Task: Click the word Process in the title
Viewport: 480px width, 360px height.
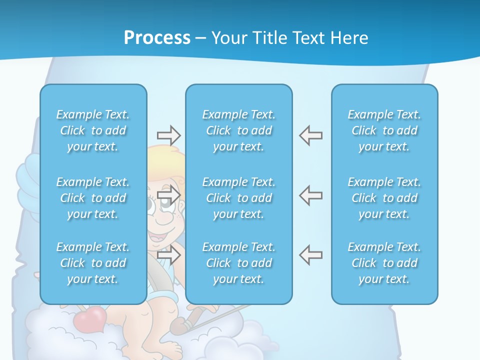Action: tap(157, 38)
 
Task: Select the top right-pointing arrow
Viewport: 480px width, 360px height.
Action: tap(168, 135)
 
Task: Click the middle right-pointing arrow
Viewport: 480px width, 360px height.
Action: tap(168, 194)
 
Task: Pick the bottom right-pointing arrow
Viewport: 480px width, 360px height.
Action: tap(168, 254)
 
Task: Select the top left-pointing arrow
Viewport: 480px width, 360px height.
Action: tap(310, 135)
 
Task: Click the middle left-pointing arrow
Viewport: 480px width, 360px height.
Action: tap(310, 194)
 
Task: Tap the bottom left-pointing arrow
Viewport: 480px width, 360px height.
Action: tap(310, 254)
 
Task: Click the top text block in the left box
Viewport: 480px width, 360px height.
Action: tap(93, 130)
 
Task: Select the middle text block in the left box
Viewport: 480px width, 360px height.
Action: tap(93, 198)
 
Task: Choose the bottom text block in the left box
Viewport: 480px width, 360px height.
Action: tap(93, 263)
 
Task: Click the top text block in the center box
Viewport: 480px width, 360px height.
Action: tap(238, 130)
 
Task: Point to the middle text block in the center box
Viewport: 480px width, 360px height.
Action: tap(238, 198)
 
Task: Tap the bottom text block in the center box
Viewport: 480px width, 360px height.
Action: tap(238, 263)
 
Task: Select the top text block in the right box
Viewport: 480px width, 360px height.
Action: tap(384, 130)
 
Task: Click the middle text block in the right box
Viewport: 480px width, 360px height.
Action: tap(384, 198)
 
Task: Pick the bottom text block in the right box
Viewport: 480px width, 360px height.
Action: tap(384, 263)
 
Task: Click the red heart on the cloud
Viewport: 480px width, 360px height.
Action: tap(90, 318)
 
